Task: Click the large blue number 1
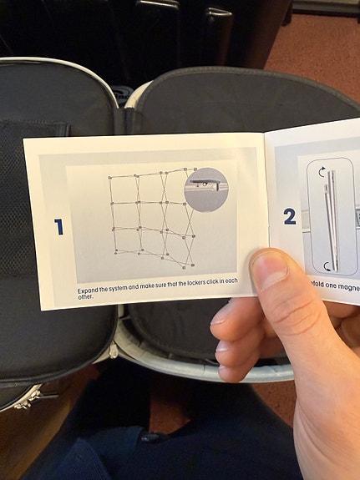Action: (x=58, y=226)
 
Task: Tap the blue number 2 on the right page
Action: (x=289, y=217)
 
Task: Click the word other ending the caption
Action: (x=84, y=296)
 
